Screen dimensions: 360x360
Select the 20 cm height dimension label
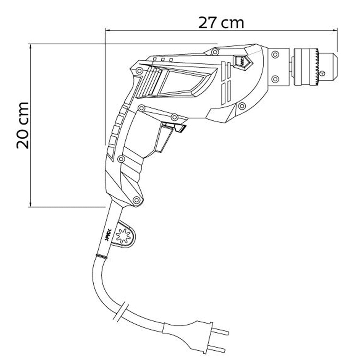(23, 125)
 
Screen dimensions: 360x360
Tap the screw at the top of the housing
(214, 52)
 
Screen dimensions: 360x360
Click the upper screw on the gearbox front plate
(274, 55)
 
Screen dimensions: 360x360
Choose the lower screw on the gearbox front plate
(274, 79)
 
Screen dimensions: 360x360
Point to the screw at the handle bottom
(137, 200)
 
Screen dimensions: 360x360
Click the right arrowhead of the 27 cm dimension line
(335, 30)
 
